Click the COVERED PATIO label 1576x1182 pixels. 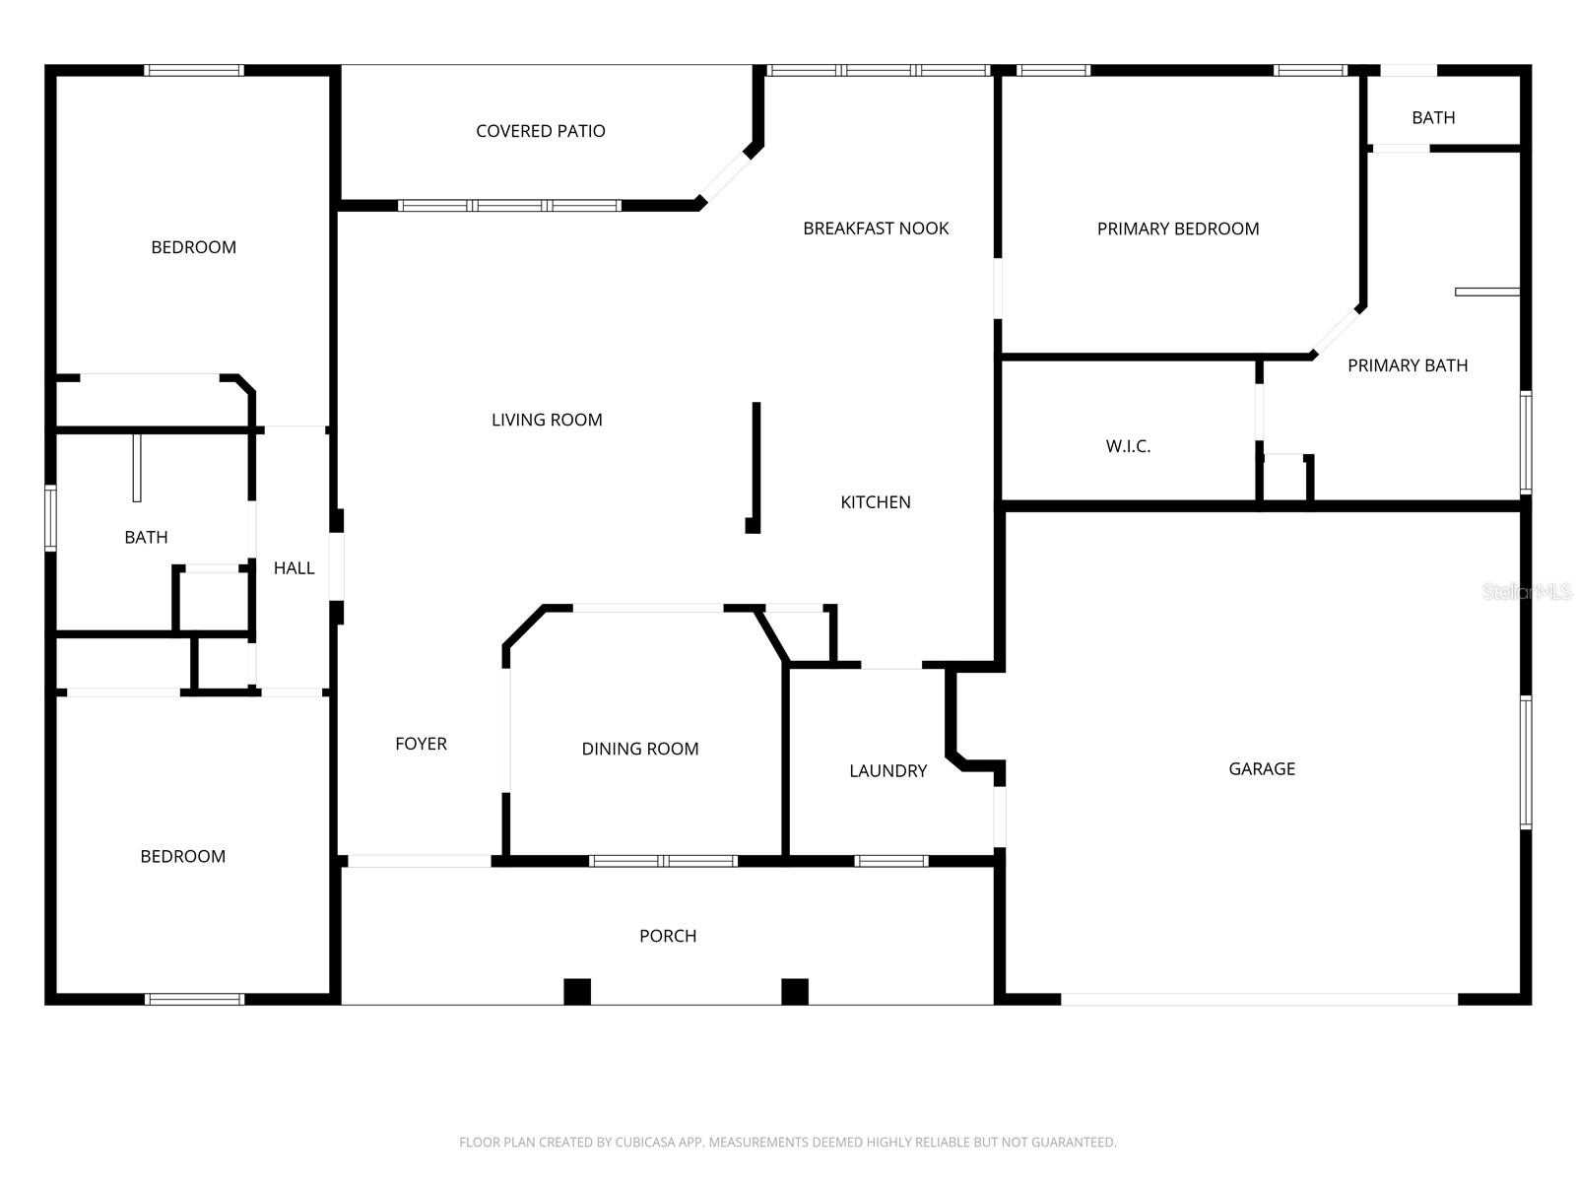point(540,131)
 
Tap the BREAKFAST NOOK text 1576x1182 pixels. point(876,229)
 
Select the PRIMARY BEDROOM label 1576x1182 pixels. point(1178,229)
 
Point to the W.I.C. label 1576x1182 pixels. point(1128,446)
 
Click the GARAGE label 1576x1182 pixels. point(1262,768)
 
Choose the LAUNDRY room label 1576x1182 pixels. point(887,770)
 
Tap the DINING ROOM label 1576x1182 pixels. point(640,749)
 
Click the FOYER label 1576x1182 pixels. point(421,744)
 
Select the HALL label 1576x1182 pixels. point(294,567)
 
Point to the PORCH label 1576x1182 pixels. point(668,936)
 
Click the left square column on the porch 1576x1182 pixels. point(577,991)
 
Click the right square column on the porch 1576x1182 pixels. point(795,991)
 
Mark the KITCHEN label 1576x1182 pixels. point(875,502)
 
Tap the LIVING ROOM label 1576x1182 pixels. point(547,420)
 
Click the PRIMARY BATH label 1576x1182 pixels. point(1408,365)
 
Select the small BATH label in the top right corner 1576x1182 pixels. point(1433,117)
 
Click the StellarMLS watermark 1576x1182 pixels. point(1526,591)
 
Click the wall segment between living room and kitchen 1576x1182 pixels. point(756,463)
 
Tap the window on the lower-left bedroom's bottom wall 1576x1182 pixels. point(194,999)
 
